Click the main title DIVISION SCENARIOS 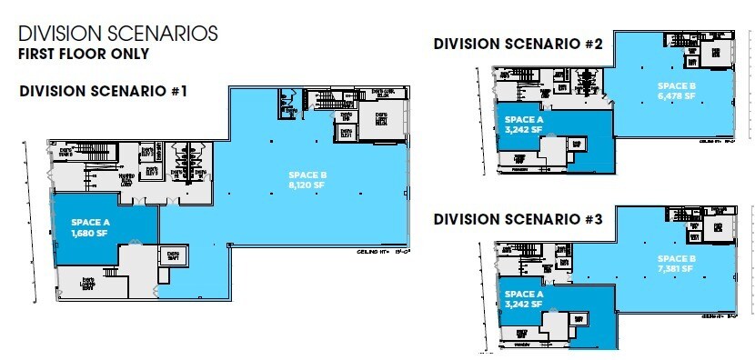coord(117,34)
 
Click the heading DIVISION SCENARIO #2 coord(516,43)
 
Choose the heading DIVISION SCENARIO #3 coord(516,219)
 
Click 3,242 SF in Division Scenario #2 coord(524,128)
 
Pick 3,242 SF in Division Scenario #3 coord(524,305)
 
